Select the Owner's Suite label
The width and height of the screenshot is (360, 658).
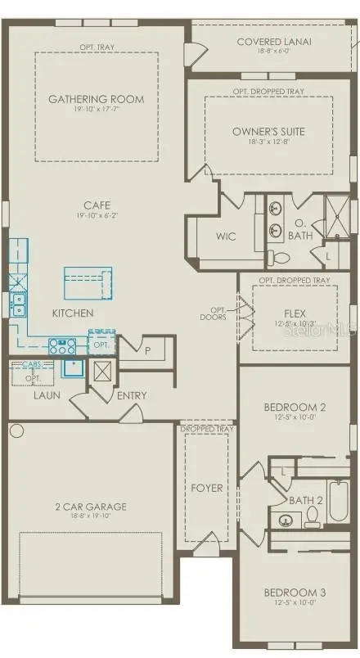268,131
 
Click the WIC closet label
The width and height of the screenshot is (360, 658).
226,237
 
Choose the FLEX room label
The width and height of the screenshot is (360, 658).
294,313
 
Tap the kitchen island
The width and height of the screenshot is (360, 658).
88,284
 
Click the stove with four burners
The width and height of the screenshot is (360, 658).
62,346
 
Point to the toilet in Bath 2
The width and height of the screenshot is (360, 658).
312,516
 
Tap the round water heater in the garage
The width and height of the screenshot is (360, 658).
16,430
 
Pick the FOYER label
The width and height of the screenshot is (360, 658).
206,488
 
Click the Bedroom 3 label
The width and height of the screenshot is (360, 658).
294,593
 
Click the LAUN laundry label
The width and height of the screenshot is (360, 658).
47,395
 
